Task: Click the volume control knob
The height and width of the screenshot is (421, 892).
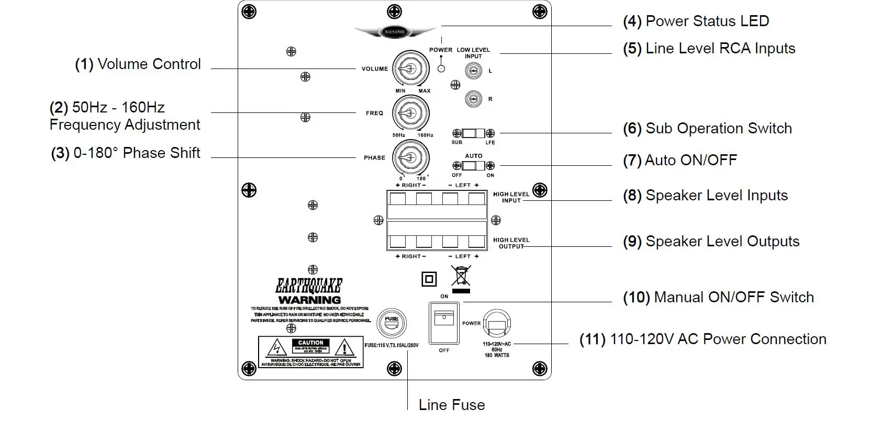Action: pos(410,69)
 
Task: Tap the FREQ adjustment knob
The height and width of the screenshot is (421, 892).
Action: pos(410,113)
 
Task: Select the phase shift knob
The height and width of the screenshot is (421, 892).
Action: pos(410,157)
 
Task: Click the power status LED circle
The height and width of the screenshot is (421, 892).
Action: pos(441,69)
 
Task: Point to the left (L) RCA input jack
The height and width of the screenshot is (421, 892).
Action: pos(473,71)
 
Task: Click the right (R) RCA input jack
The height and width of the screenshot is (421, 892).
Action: pos(473,99)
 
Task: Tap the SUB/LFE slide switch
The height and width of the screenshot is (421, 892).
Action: pos(473,133)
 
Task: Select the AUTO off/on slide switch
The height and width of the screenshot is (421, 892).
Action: pos(473,166)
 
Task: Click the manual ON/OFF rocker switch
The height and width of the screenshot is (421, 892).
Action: pos(444,323)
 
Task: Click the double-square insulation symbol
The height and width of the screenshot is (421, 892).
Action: pos(429,279)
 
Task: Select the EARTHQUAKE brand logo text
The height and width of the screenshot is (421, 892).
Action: pos(309,286)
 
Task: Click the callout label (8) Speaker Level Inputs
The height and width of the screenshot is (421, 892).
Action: pos(705,196)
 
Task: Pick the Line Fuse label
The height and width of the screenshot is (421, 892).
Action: pos(451,405)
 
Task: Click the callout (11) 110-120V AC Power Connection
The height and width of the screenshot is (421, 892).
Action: pos(703,339)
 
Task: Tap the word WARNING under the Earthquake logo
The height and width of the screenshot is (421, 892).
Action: pos(309,300)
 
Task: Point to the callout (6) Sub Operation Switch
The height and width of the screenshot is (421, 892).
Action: pos(707,129)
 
